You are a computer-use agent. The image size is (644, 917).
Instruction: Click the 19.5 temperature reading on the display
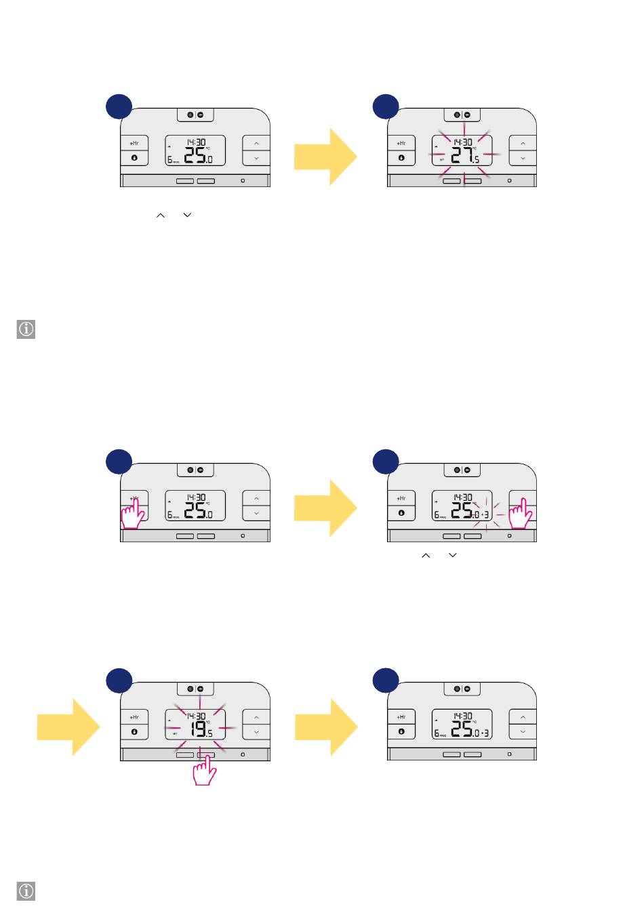[200, 730]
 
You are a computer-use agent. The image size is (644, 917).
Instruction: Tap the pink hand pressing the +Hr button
[133, 513]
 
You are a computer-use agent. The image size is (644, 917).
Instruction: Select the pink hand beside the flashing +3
[521, 514]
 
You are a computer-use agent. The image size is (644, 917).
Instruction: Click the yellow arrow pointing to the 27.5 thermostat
[325, 157]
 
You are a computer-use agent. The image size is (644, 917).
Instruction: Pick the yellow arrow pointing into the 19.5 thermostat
[68, 727]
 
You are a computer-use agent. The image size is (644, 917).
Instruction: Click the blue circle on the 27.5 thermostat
[386, 106]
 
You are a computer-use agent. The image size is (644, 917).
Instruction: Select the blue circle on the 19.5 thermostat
[119, 680]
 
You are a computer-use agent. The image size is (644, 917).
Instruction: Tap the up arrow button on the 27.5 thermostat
[523, 144]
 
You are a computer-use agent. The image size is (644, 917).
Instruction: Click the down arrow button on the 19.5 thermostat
[256, 732]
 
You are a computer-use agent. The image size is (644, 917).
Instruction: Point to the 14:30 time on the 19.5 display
[197, 716]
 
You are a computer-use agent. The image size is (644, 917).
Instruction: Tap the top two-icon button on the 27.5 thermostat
[462, 115]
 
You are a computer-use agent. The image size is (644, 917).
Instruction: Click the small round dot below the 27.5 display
[509, 181]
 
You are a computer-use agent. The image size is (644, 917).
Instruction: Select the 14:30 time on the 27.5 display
[463, 142]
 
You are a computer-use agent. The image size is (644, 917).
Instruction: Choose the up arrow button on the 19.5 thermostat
[256, 717]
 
